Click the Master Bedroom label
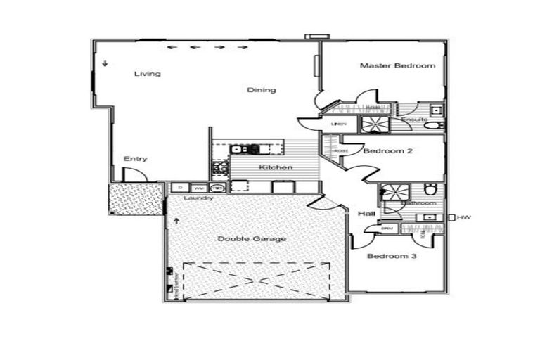(397, 66)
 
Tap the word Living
(148, 74)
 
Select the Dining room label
(261, 90)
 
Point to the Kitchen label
(276, 167)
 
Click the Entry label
(135, 159)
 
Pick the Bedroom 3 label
(392, 257)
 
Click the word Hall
(366, 214)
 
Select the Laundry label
(198, 198)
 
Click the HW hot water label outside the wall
(463, 218)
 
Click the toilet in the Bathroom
(430, 190)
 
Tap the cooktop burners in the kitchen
(219, 167)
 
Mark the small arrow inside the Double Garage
(176, 221)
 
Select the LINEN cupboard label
(338, 124)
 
